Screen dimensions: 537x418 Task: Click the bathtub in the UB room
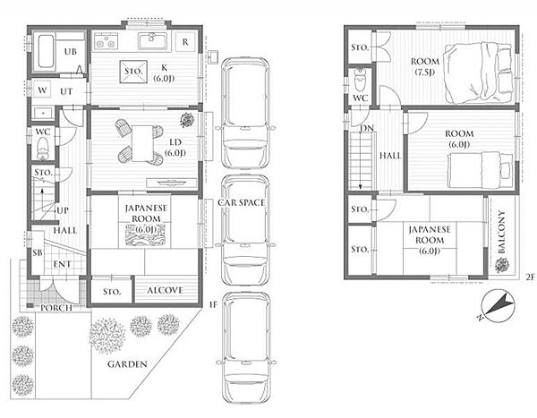tap(46, 51)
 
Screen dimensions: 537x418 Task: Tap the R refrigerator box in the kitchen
tap(185, 42)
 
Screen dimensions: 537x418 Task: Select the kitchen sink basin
tap(153, 41)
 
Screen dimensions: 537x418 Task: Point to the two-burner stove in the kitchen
tap(106, 41)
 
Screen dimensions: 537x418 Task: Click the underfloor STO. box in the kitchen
tap(133, 72)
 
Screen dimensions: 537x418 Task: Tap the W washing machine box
tap(42, 90)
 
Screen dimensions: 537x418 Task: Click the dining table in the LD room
tap(142, 143)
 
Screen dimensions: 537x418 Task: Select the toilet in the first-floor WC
tap(43, 149)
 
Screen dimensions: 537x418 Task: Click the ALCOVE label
tap(165, 291)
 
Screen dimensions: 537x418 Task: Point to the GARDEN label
tap(127, 364)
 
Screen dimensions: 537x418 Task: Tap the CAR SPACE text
tap(242, 203)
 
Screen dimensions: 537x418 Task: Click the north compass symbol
tap(497, 305)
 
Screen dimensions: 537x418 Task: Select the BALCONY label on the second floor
tap(502, 232)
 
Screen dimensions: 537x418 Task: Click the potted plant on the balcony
tap(501, 265)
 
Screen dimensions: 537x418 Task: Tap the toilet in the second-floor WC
tap(360, 80)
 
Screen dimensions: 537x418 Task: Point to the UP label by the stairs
tap(63, 210)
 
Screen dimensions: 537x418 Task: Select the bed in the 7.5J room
tap(478, 73)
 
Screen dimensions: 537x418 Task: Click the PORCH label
tap(56, 308)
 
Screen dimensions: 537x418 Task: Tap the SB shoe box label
tap(38, 252)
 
